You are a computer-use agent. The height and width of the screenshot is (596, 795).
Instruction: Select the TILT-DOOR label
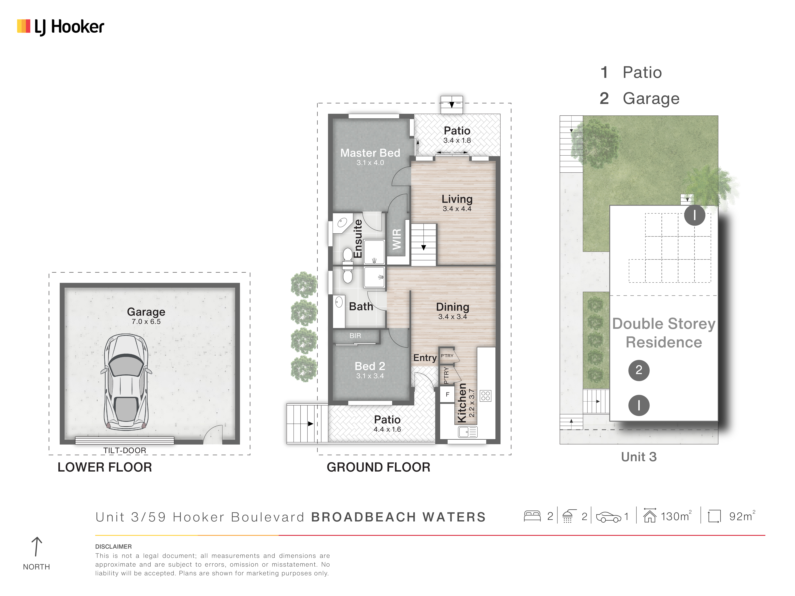pyautogui.click(x=125, y=451)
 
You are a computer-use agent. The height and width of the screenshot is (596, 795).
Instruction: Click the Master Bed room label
pyautogui.click(x=370, y=153)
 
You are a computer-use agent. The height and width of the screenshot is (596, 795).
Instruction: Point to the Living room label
pyautogui.click(x=457, y=199)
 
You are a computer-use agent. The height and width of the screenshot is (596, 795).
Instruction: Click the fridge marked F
pyautogui.click(x=447, y=394)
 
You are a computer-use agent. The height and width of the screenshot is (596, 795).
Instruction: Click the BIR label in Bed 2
pyautogui.click(x=355, y=336)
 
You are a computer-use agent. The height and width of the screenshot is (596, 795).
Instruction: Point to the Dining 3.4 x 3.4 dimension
pyautogui.click(x=453, y=316)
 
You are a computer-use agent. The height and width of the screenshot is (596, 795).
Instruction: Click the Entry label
pyautogui.click(x=425, y=358)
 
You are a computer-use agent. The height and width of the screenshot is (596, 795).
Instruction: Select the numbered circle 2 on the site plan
pyautogui.click(x=639, y=370)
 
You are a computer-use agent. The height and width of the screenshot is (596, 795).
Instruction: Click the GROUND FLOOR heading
pyautogui.click(x=378, y=467)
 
